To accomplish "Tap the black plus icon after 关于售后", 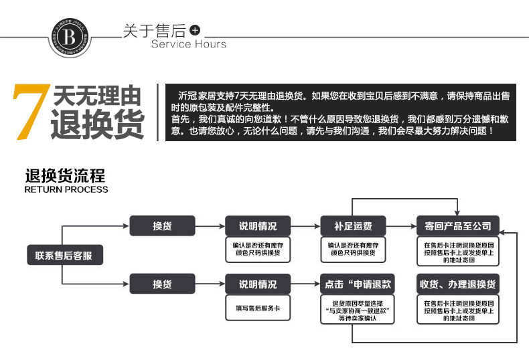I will pyautogui.click(x=195, y=31).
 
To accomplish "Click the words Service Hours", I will pyautogui.click(x=189, y=44).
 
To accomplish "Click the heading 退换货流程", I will pyautogui.click(x=65, y=177).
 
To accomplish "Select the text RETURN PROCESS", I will pyautogui.click(x=66, y=189).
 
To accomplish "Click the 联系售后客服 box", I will pyautogui.click(x=60, y=255).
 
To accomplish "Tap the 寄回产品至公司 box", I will pyautogui.click(x=457, y=226).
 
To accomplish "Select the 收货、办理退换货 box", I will pyautogui.click(x=457, y=284).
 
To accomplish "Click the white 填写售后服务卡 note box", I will pyautogui.click(x=256, y=307).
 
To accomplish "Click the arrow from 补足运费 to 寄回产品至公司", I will pyautogui.click(x=400, y=226).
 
